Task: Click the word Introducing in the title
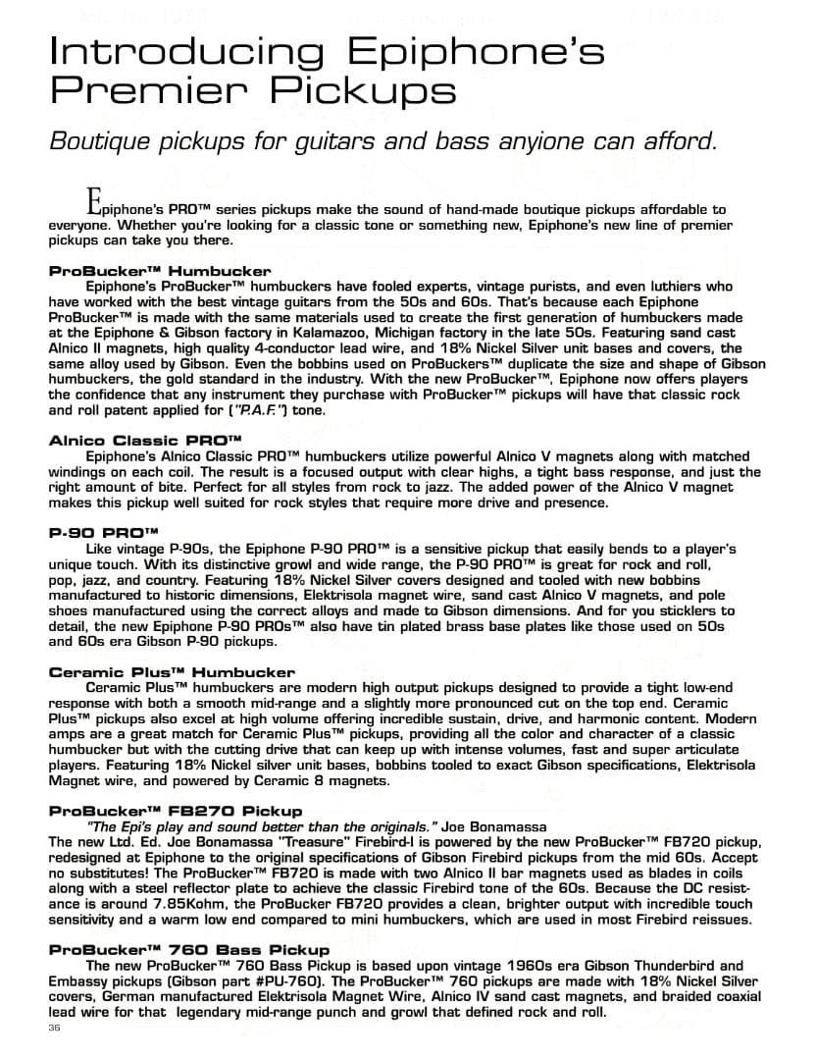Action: click(186, 52)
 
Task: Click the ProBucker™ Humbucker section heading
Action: click(160, 270)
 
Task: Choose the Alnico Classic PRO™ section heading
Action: click(145, 441)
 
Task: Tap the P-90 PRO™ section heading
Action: click(97, 533)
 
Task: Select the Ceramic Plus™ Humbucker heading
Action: click(172, 672)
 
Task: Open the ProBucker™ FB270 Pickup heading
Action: click(176, 811)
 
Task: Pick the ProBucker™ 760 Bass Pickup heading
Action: click(189, 949)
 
